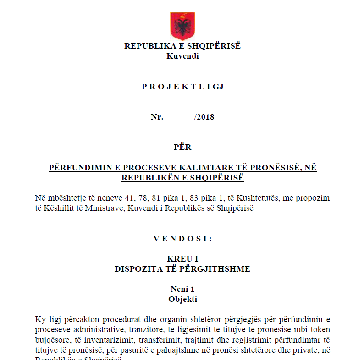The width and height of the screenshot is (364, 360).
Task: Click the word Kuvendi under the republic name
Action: (182, 56)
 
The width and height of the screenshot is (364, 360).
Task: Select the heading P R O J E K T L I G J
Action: (182, 87)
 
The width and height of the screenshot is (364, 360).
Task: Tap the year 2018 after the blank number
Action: (205, 117)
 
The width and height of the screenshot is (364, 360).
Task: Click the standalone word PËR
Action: (182, 147)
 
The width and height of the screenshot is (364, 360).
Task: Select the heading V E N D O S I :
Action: (182, 239)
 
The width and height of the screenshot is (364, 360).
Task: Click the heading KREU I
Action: (182, 259)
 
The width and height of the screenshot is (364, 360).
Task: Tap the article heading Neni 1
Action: (182, 289)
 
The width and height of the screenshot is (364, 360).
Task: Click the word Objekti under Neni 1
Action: (182, 299)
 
